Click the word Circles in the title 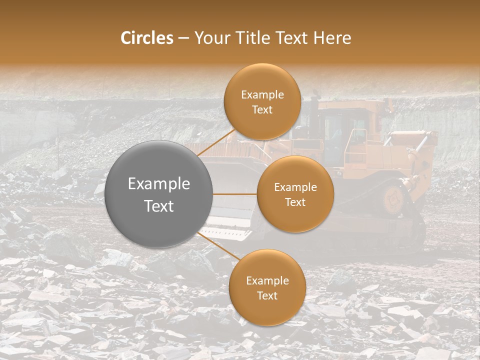[146, 38]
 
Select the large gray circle [159, 194]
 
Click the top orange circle [262, 102]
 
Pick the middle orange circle [295, 194]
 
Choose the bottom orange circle [267, 287]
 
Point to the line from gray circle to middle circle [234, 194]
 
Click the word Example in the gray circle [159, 184]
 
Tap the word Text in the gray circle [159, 206]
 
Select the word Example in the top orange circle [262, 95]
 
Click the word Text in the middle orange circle [295, 202]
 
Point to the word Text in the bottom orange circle [267, 295]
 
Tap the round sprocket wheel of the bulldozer [393, 198]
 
